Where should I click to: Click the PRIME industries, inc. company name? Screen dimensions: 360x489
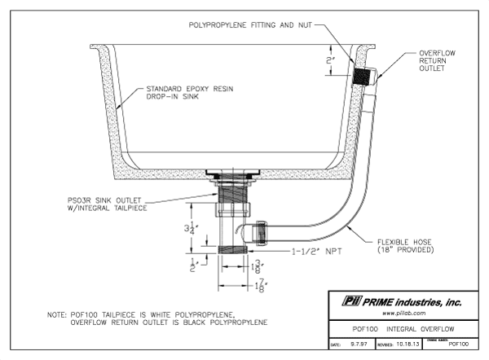414,301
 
